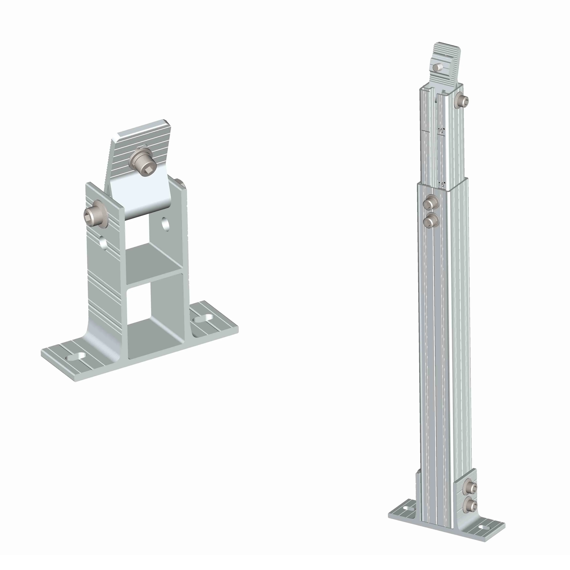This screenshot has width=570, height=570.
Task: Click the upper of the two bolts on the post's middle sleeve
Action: pos(431,203)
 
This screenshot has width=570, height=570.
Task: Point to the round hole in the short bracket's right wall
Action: pos(165,224)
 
